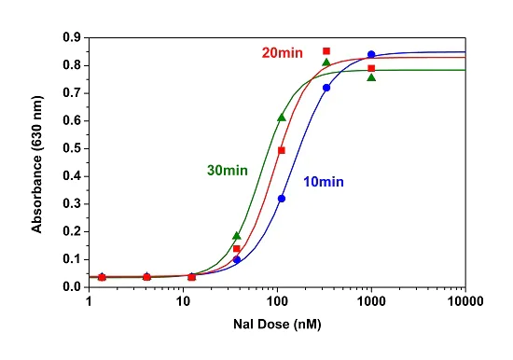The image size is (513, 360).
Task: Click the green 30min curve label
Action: [228, 170]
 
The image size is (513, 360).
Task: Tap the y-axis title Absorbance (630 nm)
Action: [37, 163]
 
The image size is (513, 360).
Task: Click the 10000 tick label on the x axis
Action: [464, 302]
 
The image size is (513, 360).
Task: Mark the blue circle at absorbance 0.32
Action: [282, 199]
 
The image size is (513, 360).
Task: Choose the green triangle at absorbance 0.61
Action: [282, 118]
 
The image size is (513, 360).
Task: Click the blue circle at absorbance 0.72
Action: [326, 88]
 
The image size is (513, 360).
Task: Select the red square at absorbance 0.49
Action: [282, 150]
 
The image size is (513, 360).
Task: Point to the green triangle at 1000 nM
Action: [371, 77]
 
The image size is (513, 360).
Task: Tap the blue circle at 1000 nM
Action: [371, 54]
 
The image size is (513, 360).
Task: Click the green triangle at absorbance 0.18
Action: [237, 236]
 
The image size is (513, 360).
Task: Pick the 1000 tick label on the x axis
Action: [370, 302]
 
